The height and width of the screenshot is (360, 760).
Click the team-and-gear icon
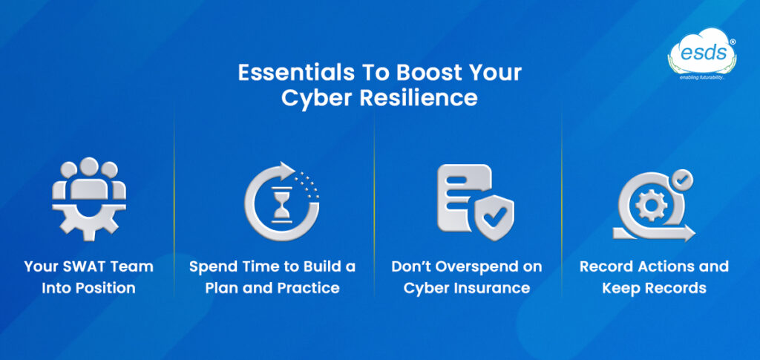coord(89,197)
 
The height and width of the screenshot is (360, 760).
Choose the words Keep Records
coord(653,287)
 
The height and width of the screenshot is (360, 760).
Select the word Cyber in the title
coord(312,99)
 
